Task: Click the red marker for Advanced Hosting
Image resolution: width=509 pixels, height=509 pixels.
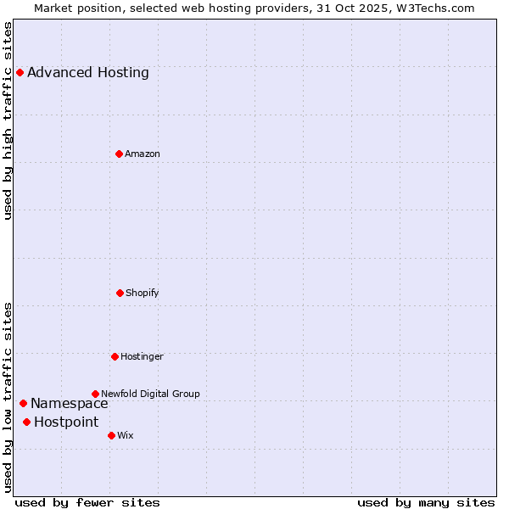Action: tap(20, 72)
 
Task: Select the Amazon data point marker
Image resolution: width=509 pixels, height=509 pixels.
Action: tap(119, 154)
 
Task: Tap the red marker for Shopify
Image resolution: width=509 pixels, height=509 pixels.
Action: tap(120, 293)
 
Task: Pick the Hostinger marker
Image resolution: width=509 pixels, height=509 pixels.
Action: tap(115, 356)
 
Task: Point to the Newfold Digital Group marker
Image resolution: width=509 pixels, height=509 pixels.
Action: tap(95, 394)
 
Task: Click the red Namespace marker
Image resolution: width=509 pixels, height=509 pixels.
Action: tap(23, 403)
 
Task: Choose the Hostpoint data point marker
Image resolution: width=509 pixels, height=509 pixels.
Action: tap(26, 422)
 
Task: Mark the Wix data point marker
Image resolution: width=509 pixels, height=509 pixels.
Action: tap(111, 435)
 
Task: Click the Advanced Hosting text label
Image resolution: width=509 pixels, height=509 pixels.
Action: tap(88, 72)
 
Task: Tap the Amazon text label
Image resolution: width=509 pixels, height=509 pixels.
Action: tap(143, 154)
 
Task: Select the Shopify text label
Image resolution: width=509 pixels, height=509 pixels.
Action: tap(143, 293)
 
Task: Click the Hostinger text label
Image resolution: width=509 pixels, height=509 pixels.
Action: tap(142, 356)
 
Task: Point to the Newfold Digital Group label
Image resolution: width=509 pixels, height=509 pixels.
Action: tap(150, 394)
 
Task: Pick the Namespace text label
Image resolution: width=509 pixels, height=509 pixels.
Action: tap(70, 403)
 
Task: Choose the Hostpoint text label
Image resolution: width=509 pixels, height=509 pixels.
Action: tap(66, 422)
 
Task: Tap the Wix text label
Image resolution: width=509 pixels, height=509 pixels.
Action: tap(126, 435)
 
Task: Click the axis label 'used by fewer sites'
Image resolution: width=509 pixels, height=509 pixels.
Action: tap(87, 502)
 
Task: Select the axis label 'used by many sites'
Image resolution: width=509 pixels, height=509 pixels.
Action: tap(426, 502)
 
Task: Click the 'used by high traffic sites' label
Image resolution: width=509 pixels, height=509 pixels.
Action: tap(8, 120)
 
